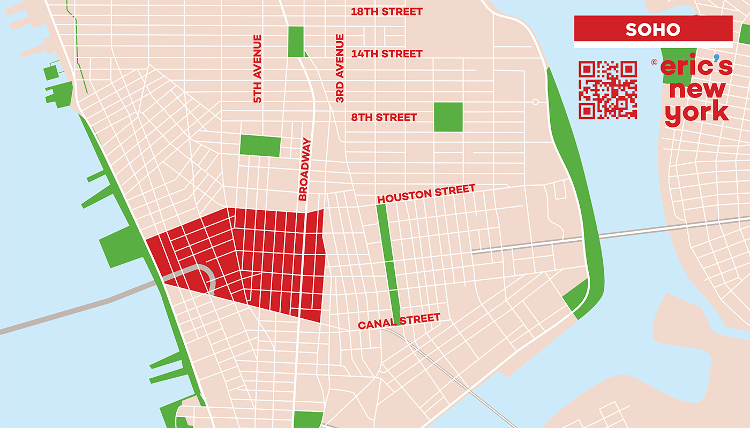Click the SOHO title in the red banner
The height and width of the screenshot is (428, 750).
652,29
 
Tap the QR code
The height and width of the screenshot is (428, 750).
607,90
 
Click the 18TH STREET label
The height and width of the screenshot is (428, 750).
386,11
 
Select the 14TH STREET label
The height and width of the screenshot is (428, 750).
386,53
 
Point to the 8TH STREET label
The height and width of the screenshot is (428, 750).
384,117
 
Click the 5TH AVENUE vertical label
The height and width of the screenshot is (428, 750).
258,68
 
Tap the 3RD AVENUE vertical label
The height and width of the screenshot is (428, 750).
340,68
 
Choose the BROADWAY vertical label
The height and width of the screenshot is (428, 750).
304,170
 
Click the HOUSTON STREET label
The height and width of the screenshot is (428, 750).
426,193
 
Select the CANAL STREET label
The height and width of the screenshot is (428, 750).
399,321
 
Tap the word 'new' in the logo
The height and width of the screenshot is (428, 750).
696,90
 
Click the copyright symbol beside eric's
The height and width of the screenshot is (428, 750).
654,62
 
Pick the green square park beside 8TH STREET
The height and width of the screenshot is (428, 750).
448,117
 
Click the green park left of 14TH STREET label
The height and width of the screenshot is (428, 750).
296,41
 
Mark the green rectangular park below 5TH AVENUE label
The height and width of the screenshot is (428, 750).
260,146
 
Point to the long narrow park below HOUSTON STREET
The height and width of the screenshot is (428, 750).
389,262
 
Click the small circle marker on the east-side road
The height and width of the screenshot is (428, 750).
535,102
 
